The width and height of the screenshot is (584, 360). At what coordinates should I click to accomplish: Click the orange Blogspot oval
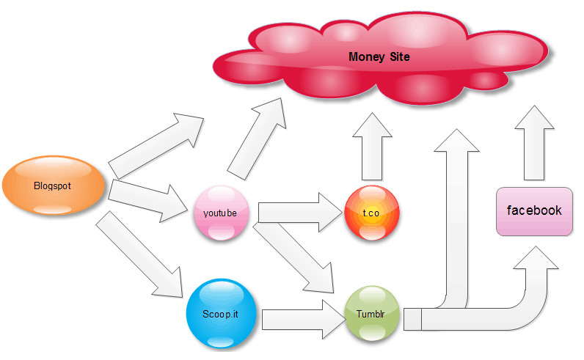click(54, 185)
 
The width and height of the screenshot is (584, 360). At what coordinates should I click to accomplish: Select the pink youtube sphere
click(221, 214)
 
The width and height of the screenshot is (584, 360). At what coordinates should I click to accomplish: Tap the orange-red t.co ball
click(371, 213)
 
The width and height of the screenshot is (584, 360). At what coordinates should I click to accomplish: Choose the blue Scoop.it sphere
click(220, 313)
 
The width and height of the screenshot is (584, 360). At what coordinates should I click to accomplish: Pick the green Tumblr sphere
click(371, 313)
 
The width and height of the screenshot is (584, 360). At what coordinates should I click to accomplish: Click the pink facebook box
click(534, 211)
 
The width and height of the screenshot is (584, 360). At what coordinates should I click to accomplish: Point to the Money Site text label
click(379, 56)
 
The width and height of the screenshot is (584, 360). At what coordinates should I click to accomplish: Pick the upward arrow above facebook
click(534, 143)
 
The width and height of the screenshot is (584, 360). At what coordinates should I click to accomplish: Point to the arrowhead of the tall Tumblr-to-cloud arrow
click(456, 141)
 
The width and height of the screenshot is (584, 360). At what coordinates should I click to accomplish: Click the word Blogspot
click(53, 185)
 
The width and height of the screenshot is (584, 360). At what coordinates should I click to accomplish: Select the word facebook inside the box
click(534, 210)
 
